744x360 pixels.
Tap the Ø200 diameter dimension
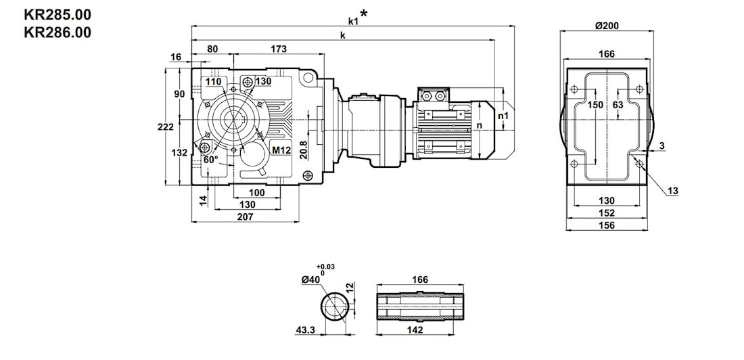(607, 26)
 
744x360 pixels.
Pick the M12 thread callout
(281, 150)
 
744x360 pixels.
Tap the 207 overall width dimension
(245, 217)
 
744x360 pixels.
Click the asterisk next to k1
(364, 14)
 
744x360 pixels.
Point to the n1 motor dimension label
(503, 116)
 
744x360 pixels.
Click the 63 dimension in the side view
(618, 105)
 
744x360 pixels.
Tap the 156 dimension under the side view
(607, 225)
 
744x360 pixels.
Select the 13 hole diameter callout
(673, 192)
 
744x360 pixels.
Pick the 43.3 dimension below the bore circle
(306, 330)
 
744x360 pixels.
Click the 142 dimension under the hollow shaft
(415, 330)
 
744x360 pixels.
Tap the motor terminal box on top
(434, 96)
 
